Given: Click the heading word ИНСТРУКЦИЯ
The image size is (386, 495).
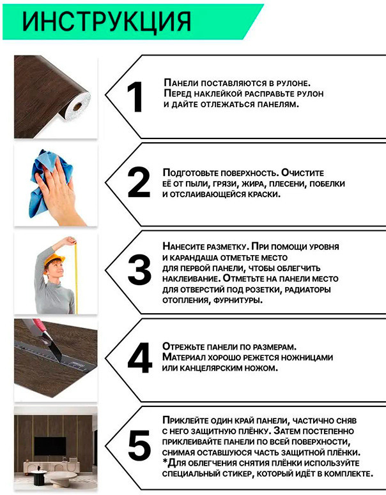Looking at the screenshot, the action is click(107, 22).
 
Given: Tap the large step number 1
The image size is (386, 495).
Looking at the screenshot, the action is click(135, 97).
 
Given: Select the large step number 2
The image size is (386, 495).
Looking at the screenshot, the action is click(139, 182).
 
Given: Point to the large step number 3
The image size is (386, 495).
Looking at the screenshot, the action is click(139, 270).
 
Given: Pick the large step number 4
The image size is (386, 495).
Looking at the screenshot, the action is click(140, 358).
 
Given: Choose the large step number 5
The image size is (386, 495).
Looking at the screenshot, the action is click(139, 445).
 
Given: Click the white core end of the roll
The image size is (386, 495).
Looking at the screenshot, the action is click(77, 107).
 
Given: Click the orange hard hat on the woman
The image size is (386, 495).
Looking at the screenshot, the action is click(54, 260).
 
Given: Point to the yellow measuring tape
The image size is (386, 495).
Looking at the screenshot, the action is click(75, 277).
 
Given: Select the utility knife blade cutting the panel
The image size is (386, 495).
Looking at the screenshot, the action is click(56, 350).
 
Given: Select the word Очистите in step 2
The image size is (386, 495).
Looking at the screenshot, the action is click(302, 173).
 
